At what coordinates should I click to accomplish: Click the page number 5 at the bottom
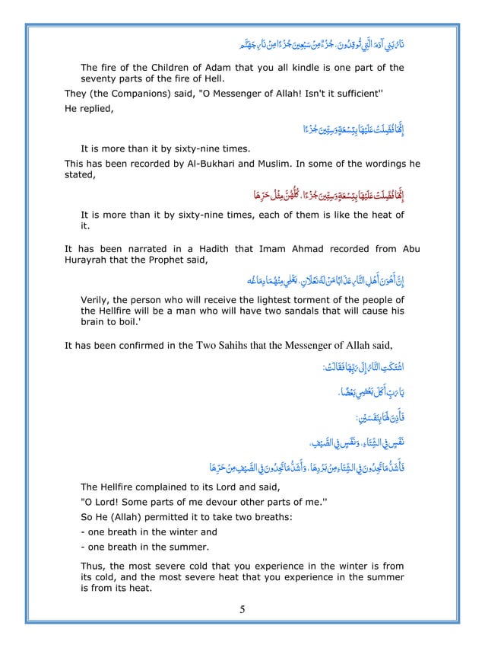242,608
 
